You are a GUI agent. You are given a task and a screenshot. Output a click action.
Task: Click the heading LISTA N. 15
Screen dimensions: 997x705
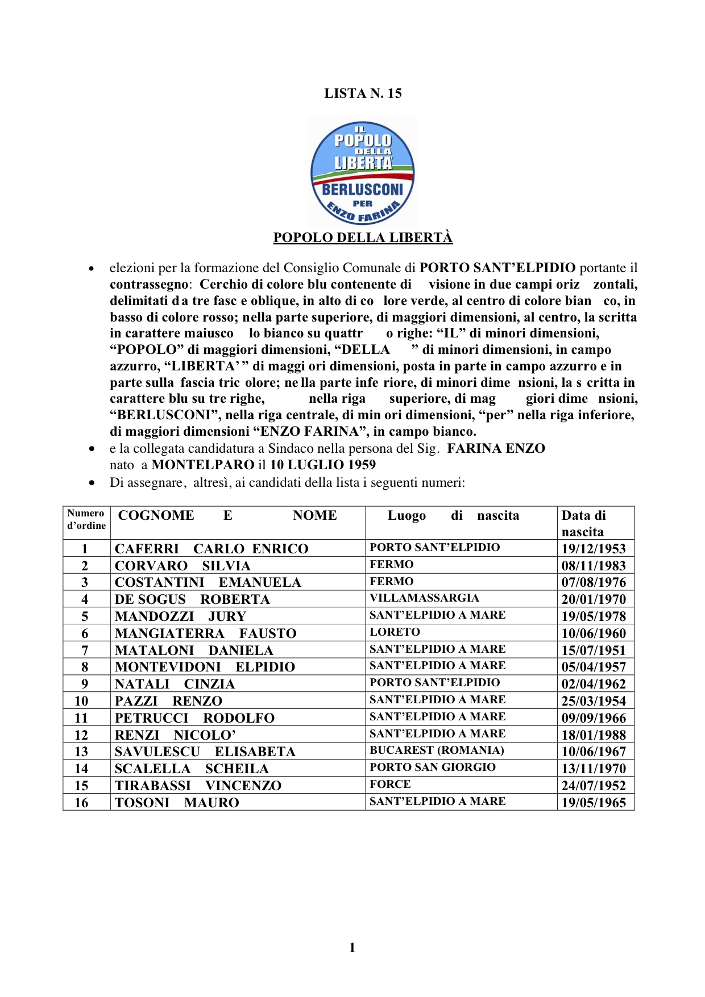click(363, 93)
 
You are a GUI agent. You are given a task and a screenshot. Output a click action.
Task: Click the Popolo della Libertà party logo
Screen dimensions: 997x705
click(363, 173)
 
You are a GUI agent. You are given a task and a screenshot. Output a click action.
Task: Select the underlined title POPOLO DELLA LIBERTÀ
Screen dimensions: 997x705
click(363, 237)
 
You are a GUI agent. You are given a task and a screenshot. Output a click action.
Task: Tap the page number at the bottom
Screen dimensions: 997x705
click(352, 947)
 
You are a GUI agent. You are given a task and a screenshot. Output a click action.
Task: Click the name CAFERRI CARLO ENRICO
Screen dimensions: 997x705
click(212, 549)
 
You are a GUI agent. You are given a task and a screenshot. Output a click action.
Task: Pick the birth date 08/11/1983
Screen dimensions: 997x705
click(594, 566)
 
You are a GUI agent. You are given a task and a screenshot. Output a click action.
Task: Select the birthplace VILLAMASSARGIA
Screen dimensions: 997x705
click(424, 598)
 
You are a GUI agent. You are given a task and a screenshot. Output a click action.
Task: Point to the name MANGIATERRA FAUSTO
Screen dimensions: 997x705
click(205, 633)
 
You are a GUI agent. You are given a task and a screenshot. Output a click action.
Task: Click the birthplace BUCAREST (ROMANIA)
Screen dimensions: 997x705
click(437, 750)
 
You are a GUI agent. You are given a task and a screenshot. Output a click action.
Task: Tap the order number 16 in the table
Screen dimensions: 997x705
click(81, 803)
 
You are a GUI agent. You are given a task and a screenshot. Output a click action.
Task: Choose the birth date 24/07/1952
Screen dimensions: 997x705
click(594, 786)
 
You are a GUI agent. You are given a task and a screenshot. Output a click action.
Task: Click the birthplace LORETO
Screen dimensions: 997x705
click(395, 632)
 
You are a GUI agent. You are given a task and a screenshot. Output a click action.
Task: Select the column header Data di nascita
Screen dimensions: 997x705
click(584, 523)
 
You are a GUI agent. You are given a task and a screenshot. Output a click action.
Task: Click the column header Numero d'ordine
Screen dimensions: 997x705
click(86, 519)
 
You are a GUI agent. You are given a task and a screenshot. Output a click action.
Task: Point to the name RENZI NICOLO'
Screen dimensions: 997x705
click(175, 735)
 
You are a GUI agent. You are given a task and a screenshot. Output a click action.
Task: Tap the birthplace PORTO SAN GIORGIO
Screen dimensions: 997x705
click(433, 767)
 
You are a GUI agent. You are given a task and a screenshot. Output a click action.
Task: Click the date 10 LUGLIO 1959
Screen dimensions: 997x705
click(322, 465)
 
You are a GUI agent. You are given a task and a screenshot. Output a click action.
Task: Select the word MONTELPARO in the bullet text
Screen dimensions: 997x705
click(202, 465)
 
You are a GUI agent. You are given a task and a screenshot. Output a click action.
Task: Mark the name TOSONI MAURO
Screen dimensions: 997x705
click(177, 803)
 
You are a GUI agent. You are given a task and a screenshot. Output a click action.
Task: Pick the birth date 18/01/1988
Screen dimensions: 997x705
click(594, 735)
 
